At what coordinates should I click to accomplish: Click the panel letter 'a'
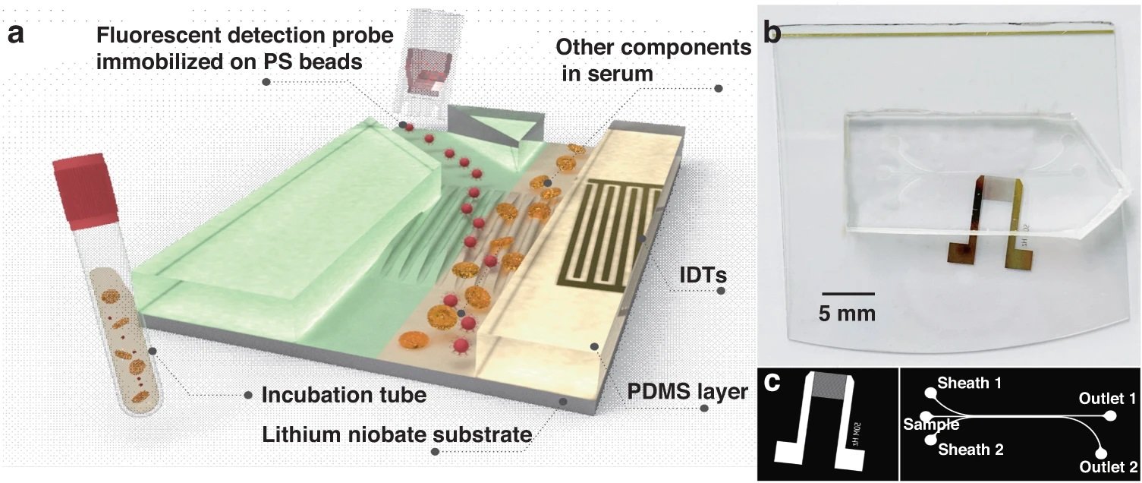[17, 33]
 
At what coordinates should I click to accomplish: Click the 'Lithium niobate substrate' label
[395, 435]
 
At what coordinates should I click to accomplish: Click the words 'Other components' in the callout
[653, 47]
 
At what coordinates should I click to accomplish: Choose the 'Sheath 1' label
[970, 383]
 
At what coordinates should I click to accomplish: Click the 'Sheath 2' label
[971, 450]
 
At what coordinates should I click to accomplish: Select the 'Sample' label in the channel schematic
[930, 424]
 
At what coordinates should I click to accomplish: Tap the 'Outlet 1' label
[1107, 397]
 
